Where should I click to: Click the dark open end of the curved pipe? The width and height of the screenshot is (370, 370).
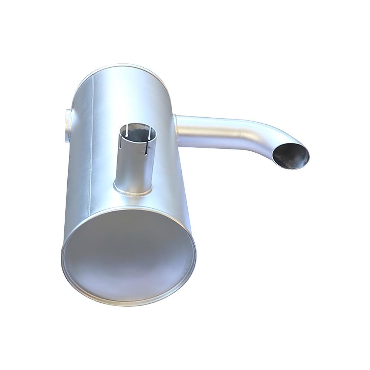(x=292, y=155)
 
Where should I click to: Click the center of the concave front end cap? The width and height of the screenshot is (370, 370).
(x=128, y=255)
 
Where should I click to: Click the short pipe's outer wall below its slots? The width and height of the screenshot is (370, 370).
(x=133, y=170)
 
